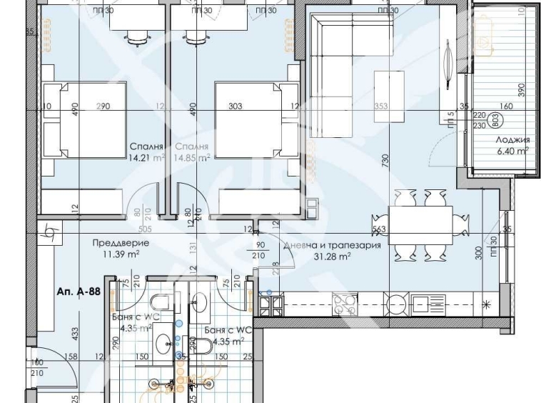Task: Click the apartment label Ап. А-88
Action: (x=78, y=292)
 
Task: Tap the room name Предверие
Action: (x=116, y=243)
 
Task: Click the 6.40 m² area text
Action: (x=512, y=151)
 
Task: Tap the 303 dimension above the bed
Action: (x=235, y=106)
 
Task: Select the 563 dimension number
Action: (x=379, y=230)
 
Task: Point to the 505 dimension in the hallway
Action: (x=146, y=230)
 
